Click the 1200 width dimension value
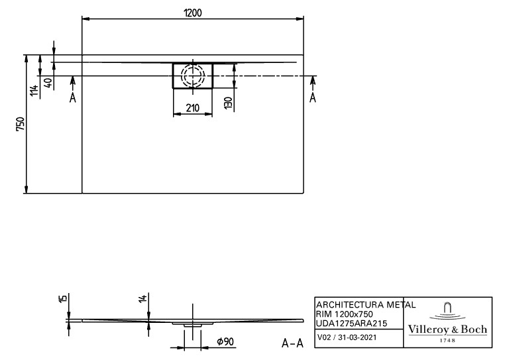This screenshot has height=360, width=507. tap(192, 13)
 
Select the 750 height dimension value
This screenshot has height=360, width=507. tap(21, 124)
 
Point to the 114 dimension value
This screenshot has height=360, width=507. tap(35, 91)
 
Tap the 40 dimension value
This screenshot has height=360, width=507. tap(48, 83)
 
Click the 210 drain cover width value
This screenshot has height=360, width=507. tap(193, 108)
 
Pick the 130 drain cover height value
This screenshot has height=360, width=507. tap(228, 103)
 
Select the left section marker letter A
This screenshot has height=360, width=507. tap(73, 97)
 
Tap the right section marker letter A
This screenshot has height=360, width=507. tap(313, 97)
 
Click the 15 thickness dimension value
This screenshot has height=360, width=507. tap(64, 298)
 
